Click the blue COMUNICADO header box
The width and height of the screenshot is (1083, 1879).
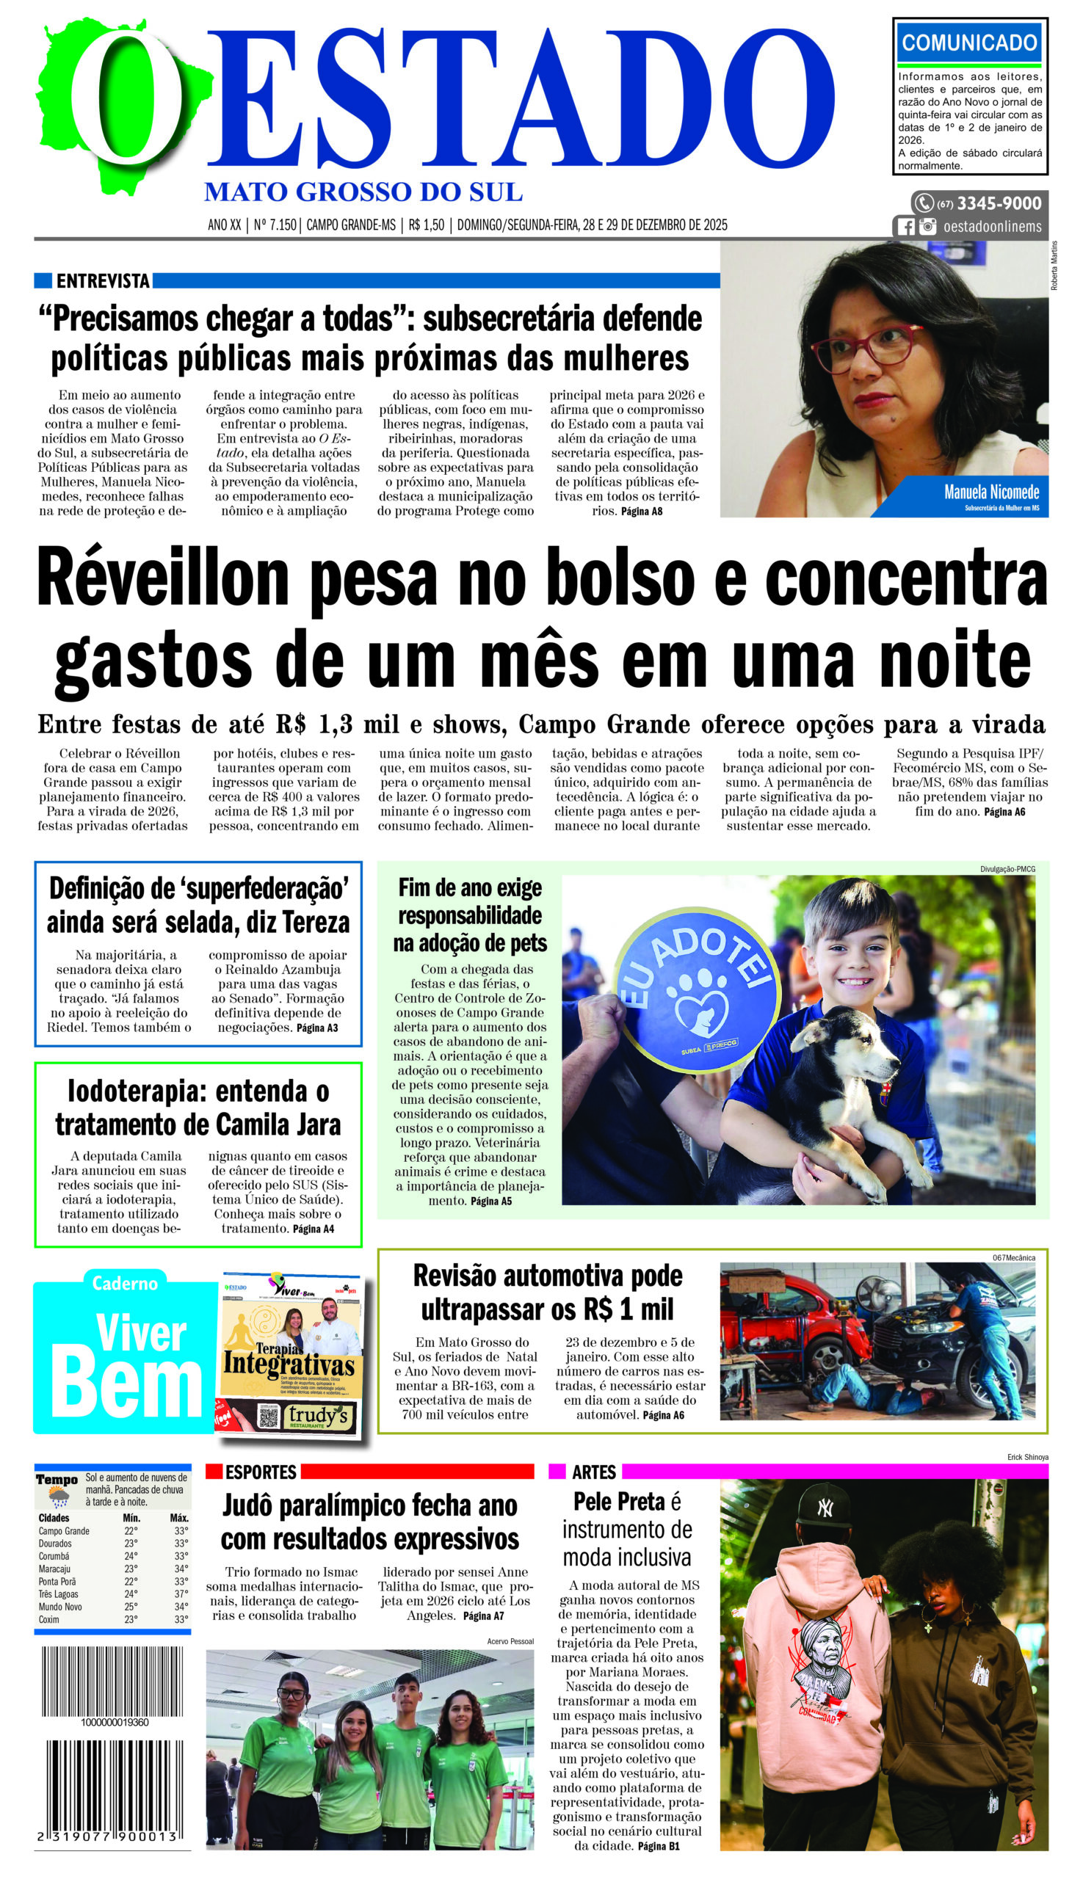(x=969, y=43)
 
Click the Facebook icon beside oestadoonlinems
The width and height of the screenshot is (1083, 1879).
(x=905, y=227)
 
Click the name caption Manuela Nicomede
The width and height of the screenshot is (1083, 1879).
(x=990, y=493)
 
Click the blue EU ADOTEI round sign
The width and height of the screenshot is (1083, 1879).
(x=698, y=988)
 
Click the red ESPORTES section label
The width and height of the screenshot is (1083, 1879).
(x=261, y=1472)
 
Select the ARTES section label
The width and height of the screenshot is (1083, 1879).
(x=593, y=1472)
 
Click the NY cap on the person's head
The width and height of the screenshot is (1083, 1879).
(x=824, y=1505)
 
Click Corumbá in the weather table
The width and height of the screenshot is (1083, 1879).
(x=54, y=1555)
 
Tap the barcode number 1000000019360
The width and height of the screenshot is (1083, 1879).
(x=115, y=1722)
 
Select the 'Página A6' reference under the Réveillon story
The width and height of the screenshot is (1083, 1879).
(x=1004, y=812)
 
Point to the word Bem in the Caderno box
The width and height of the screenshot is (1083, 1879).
(x=126, y=1384)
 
